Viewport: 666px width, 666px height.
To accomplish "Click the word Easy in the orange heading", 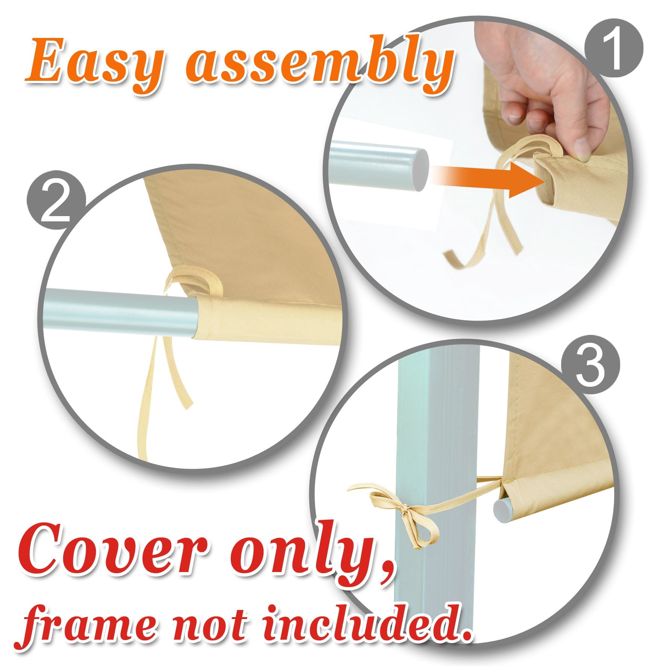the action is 94,65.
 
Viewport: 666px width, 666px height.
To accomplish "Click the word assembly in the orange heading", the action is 319,65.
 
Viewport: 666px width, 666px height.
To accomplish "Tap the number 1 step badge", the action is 614,48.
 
